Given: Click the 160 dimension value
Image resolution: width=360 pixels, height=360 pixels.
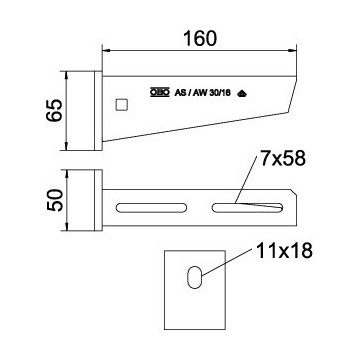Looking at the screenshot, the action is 200,38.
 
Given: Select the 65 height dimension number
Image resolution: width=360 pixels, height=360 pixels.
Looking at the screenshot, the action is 55,110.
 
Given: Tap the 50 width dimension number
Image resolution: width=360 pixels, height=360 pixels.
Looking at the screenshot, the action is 55,200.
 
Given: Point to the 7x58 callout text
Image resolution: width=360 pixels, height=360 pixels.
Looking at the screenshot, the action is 283,159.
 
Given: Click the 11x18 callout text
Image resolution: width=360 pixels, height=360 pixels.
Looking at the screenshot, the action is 284,251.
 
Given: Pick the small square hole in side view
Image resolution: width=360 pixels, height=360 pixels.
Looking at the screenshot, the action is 122,105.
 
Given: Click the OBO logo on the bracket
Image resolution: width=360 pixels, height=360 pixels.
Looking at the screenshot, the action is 160,92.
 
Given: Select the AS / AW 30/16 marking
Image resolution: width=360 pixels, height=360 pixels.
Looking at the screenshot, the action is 202,93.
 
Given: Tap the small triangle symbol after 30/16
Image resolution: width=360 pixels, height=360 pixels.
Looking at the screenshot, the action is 242,94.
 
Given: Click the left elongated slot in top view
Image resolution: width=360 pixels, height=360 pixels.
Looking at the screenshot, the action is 151,208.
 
